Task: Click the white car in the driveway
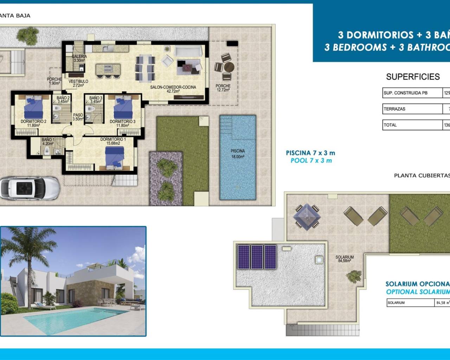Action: click(x=30, y=188)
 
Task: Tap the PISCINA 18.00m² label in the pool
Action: click(x=238, y=154)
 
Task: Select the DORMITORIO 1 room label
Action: click(x=113, y=141)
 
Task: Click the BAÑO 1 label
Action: click(x=48, y=141)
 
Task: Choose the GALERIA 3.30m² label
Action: click(x=79, y=58)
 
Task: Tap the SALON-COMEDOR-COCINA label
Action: click(x=173, y=89)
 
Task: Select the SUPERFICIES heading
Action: click(x=413, y=77)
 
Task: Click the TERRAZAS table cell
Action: click(x=412, y=109)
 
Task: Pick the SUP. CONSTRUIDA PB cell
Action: click(x=412, y=93)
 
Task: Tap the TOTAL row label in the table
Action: click(x=412, y=125)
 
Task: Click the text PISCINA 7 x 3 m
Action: click(x=310, y=153)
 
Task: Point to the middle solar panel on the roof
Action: click(x=257, y=257)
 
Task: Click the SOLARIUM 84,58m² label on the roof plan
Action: click(x=345, y=259)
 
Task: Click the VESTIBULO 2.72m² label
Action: click(x=78, y=83)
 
